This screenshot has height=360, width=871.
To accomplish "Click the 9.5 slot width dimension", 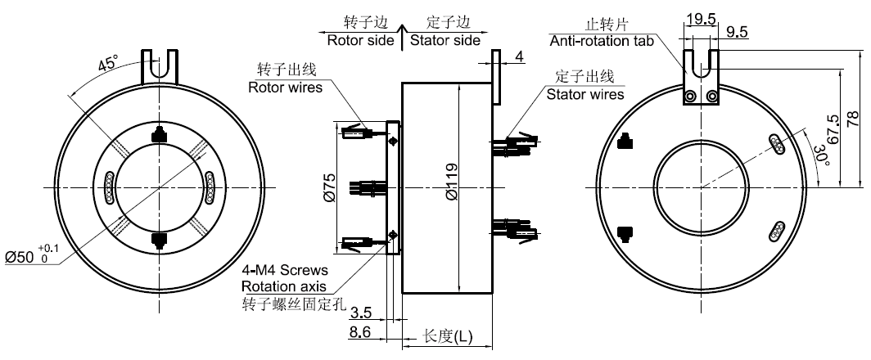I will click(x=738, y=32).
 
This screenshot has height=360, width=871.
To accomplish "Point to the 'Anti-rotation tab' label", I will click(x=601, y=41).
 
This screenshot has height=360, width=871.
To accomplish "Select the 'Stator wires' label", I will click(x=584, y=93).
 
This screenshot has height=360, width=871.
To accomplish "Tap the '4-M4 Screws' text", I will click(x=286, y=269).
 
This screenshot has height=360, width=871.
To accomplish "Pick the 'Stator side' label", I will click(x=445, y=40).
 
